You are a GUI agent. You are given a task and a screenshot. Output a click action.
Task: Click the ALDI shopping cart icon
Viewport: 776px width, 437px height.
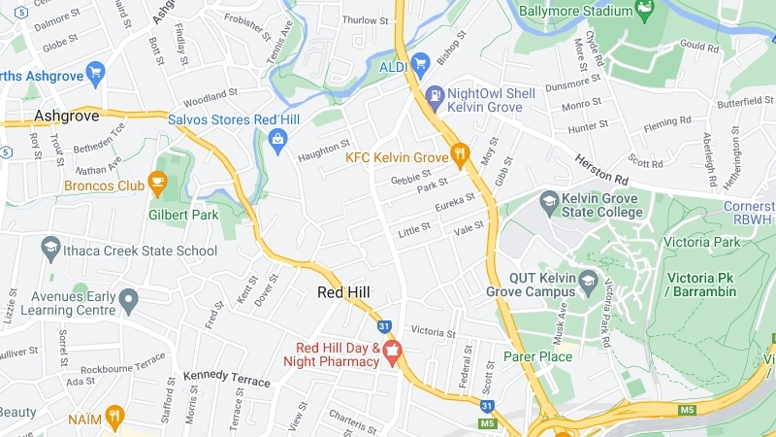420,65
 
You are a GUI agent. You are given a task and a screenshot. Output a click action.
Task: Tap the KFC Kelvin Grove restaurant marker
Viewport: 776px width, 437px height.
460,153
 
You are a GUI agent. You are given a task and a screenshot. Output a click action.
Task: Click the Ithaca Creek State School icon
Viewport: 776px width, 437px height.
50,250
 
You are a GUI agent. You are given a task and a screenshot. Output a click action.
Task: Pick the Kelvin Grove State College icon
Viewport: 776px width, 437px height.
549,202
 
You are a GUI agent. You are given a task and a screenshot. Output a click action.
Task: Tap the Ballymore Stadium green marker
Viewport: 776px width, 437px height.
643,9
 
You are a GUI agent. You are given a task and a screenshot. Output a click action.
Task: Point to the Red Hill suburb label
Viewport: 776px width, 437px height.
344,292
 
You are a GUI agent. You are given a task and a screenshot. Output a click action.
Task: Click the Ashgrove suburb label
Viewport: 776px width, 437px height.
66,116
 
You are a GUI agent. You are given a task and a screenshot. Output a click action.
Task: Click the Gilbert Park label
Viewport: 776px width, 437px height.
183,215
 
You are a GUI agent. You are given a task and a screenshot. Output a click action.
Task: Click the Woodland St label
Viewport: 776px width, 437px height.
210,96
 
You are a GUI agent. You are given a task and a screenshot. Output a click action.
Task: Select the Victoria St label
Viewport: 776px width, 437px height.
433,331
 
